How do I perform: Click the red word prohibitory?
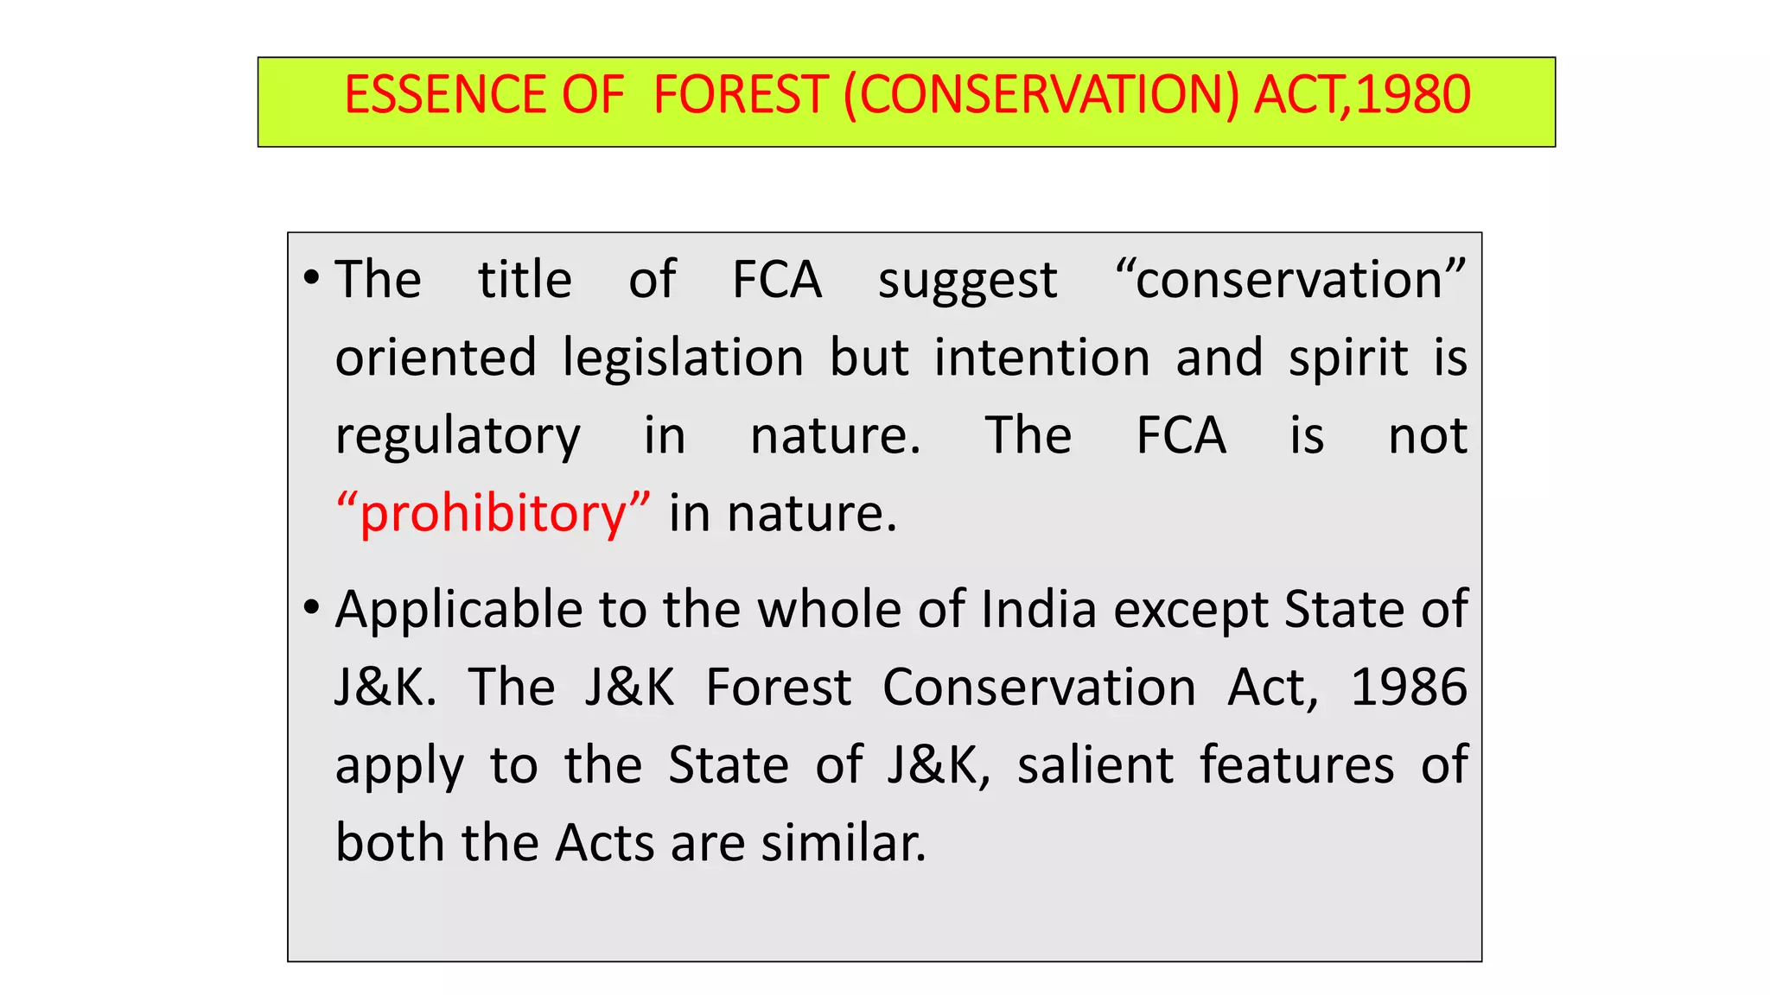tap(493, 514)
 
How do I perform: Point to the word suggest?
tap(967, 282)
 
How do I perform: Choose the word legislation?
tap(683, 358)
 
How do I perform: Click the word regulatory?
tap(457, 437)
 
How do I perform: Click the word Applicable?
tap(458, 611)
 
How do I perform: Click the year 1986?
tap(1408, 688)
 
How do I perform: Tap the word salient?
tap(1095, 765)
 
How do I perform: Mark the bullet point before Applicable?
tap(312, 608)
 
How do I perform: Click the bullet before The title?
tap(312, 278)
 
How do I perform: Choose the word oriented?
tap(436, 358)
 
